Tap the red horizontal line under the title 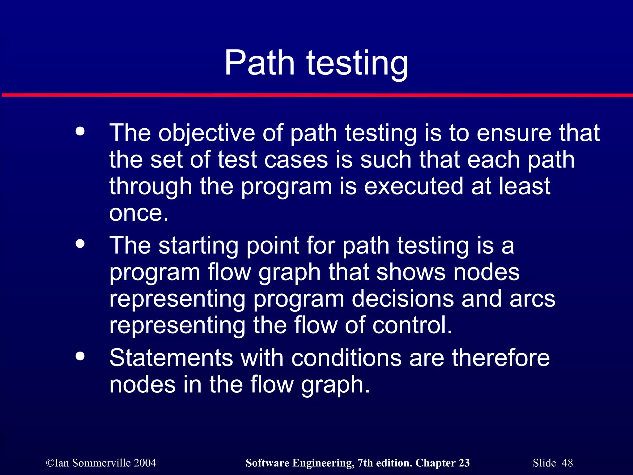[316, 95]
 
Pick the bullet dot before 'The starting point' [80, 244]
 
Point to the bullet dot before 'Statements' [80, 356]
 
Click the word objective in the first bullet [206, 134]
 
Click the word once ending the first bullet [138, 213]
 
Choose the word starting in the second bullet [198, 246]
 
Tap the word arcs [532, 299]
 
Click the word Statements [171, 358]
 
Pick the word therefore [501, 358]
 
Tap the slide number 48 [567, 463]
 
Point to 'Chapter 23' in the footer [442, 463]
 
